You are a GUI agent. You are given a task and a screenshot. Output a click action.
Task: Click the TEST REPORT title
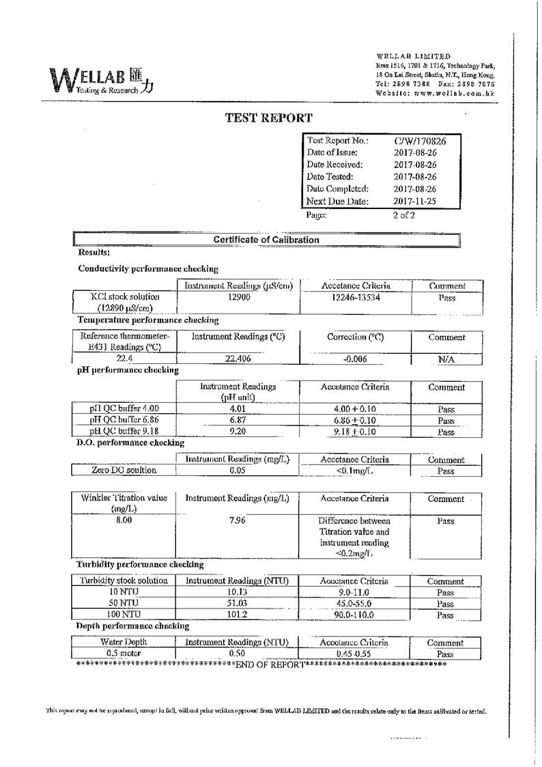point(269,117)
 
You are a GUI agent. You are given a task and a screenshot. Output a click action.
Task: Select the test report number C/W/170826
point(420,141)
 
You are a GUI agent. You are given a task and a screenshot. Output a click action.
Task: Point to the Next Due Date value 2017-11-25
point(415,201)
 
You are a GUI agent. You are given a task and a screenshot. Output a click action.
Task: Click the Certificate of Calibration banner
point(266,240)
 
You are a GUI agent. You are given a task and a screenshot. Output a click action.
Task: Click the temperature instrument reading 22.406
point(238,358)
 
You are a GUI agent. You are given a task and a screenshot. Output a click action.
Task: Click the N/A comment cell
point(446,359)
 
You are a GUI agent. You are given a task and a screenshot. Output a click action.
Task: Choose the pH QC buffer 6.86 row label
point(125,420)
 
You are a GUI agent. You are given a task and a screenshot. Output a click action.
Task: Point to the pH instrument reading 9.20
point(238,432)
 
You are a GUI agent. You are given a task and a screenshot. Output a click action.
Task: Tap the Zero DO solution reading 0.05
point(238,471)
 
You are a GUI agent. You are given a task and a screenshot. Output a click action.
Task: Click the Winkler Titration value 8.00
point(124,520)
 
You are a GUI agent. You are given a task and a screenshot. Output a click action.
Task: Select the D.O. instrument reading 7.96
point(238,520)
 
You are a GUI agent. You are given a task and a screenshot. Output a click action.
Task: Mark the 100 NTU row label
point(124,615)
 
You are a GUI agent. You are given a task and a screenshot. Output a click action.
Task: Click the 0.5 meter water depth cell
point(124,654)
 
